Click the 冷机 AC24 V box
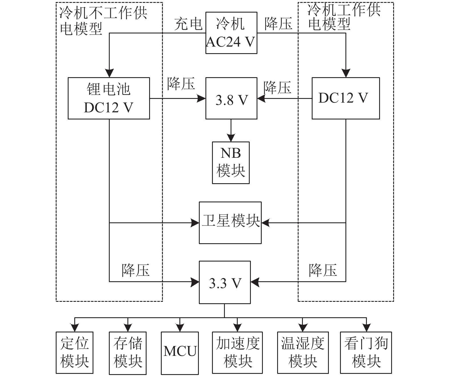coord(231,33)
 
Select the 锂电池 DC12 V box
coord(109,98)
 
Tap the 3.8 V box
coord(231,98)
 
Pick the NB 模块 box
coord(231,163)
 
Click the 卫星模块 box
coord(230,223)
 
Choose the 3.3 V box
coord(225,282)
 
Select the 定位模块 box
coord(75,353)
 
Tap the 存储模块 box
coord(128,353)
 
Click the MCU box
coord(180,353)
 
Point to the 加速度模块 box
coord(237,353)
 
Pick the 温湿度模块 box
coord(303,353)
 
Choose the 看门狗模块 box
coord(366,353)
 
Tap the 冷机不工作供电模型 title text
coord(103,21)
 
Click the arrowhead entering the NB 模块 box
coord(231,138)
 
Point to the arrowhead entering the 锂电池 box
coord(109,73)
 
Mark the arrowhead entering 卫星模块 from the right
coord(266,223)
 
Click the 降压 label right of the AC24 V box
coord(279,24)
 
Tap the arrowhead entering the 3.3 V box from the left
coord(195,282)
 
